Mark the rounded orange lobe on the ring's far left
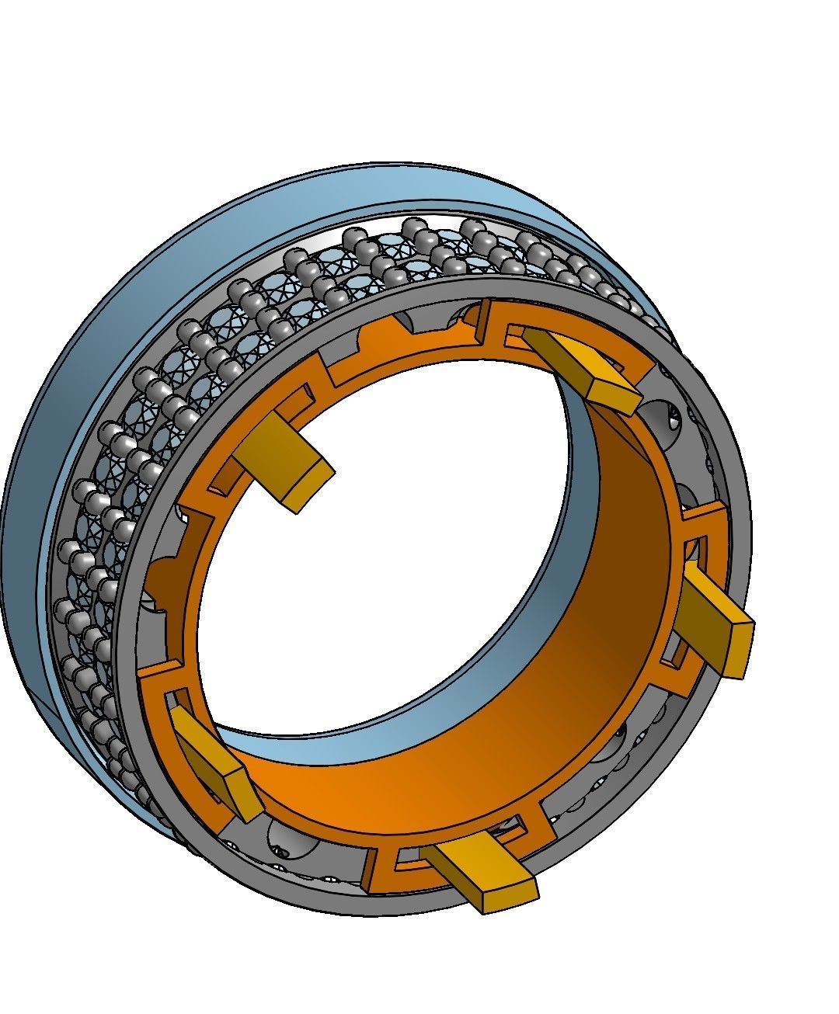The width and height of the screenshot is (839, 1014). [159, 578]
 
